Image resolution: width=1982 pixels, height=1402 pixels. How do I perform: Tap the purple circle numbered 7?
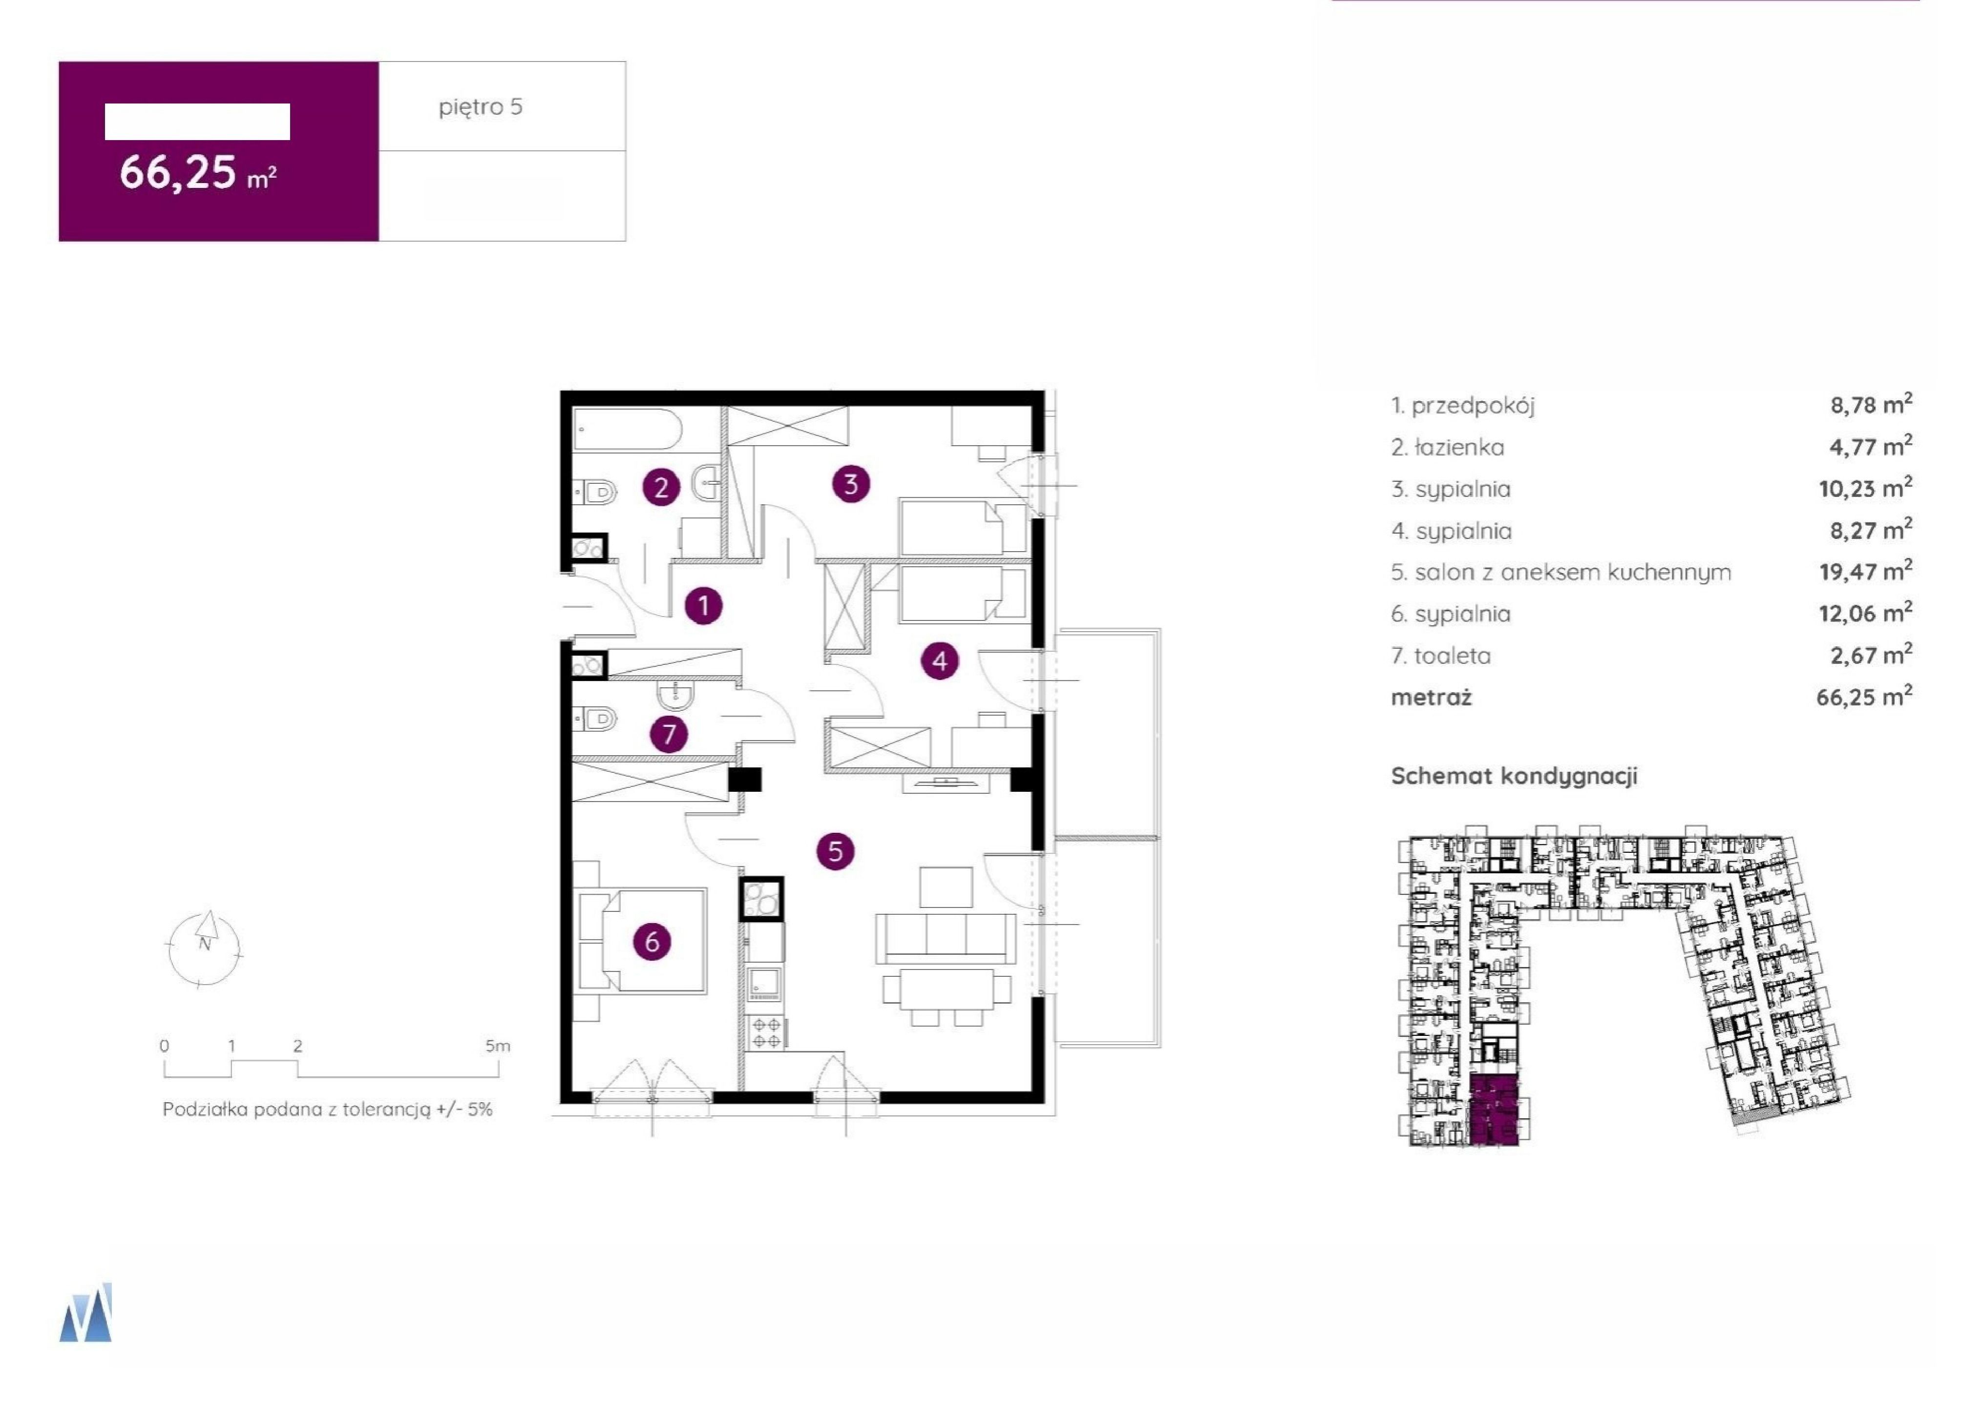pos(669,735)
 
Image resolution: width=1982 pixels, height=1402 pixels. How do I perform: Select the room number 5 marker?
pos(835,851)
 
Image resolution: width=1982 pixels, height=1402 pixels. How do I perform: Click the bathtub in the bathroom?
pos(628,429)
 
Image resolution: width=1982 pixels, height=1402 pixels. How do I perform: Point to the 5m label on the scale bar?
pos(497,1046)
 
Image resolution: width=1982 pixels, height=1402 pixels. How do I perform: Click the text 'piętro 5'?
pos(481,107)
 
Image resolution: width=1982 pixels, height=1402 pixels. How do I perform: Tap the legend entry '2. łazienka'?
pos(1447,447)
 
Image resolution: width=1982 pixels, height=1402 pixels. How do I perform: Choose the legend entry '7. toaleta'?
pos(1440,656)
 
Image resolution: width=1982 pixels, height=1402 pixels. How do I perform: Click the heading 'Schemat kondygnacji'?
pos(1514,775)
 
